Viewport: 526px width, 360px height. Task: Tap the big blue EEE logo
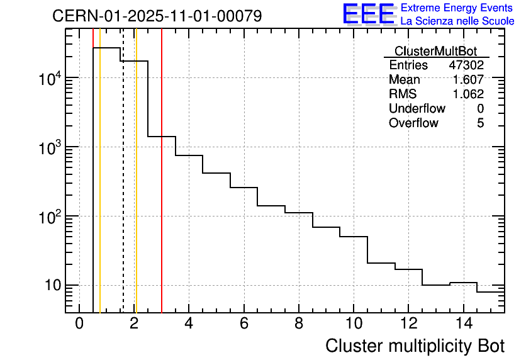[369, 14]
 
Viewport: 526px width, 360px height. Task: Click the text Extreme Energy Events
[457, 8]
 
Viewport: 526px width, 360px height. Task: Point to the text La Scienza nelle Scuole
[457, 21]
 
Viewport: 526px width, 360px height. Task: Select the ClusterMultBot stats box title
[435, 51]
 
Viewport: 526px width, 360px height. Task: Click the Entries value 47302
[466, 65]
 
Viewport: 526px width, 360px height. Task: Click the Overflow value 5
[480, 123]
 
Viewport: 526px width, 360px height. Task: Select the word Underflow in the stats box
[417, 108]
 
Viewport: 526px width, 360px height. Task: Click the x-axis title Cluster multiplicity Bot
[415, 346]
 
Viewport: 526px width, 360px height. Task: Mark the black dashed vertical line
[123, 189]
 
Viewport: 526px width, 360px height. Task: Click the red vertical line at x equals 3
[162, 189]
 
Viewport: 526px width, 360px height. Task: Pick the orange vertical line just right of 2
[136, 189]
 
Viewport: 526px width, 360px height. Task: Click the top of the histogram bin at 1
[107, 48]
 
